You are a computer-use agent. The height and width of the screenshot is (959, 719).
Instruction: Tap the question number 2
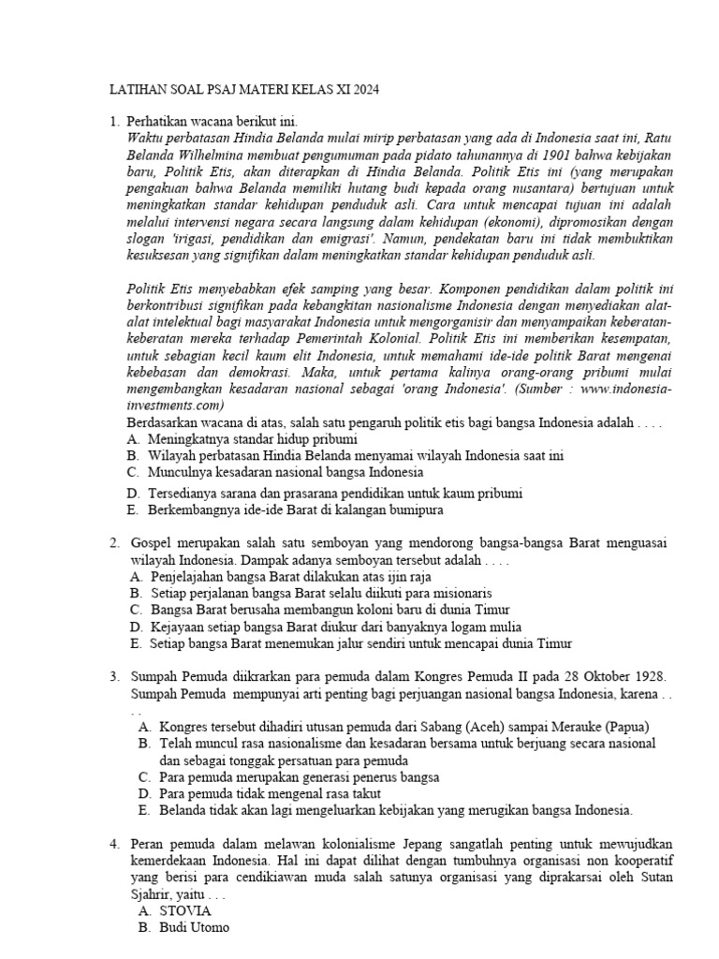pyautogui.click(x=113, y=543)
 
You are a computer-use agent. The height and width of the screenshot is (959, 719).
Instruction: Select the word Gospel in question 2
pyautogui.click(x=153, y=543)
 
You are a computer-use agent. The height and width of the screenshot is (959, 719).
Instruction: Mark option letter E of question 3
pyautogui.click(x=143, y=809)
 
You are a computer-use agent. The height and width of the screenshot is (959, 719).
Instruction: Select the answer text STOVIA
pyautogui.click(x=185, y=909)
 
